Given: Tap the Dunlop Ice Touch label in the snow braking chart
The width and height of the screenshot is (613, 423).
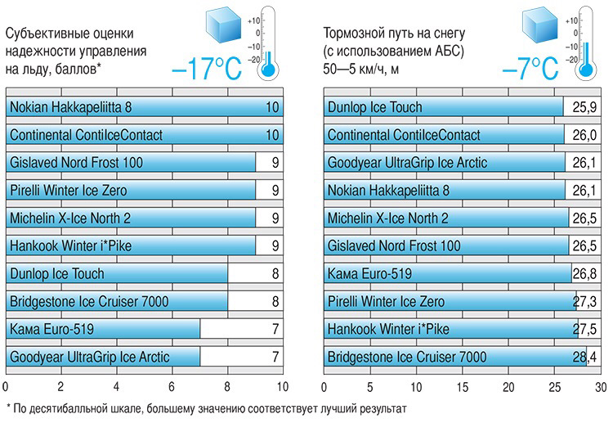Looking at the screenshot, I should coord(374,107).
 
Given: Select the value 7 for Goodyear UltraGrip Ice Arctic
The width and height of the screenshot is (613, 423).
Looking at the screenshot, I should coord(275,357).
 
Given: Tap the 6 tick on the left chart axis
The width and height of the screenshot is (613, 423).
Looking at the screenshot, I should coord(172,386).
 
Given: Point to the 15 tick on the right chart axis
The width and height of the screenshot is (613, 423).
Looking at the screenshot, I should coord(463,386).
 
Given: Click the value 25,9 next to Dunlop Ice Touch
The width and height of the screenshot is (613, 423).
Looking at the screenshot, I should coord(585,107).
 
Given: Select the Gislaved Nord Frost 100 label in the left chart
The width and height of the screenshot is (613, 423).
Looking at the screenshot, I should coord(76,163).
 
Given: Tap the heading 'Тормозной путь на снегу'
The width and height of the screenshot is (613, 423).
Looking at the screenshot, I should coord(395,34).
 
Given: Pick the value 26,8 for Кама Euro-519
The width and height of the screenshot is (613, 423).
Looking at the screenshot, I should coord(585,273).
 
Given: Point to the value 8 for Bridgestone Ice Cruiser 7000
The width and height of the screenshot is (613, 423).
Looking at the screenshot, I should coord(275,301).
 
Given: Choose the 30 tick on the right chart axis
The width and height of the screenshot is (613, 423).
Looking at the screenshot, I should coord(601,386).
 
